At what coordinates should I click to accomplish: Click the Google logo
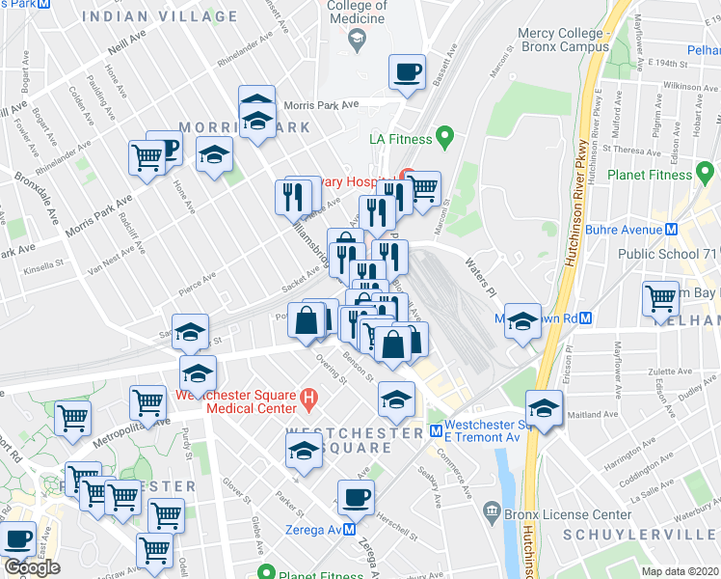click(32, 567)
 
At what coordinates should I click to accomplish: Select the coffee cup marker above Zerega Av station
click(356, 497)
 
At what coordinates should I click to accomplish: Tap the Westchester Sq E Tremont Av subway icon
click(436, 430)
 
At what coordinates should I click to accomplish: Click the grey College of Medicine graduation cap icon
click(357, 40)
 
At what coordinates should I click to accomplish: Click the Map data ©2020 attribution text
click(681, 570)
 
